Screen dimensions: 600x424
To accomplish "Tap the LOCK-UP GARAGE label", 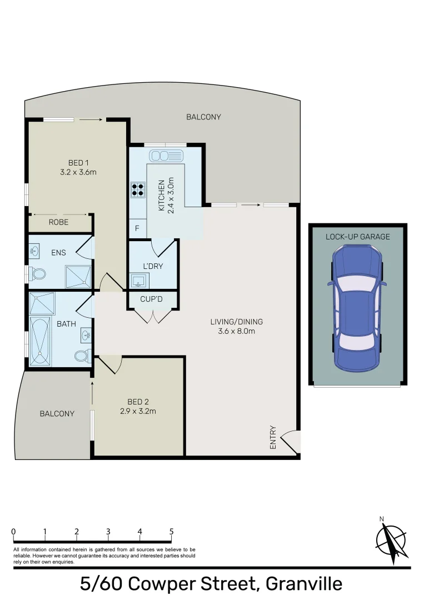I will tap(357, 237).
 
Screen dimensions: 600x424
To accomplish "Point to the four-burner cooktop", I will tap(137, 190).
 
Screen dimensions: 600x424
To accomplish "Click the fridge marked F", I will tap(137, 228).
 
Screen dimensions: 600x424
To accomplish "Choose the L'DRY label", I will tap(153, 266).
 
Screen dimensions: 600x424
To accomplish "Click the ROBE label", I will tap(59, 222).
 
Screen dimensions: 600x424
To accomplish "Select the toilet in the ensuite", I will tap(38, 274).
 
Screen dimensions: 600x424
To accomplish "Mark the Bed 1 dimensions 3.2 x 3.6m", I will tap(78, 172).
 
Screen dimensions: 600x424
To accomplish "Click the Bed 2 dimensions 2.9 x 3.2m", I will tap(138, 412).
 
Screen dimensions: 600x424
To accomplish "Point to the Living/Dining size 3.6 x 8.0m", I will tap(236, 332).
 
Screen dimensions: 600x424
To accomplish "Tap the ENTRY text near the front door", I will tap(273, 437).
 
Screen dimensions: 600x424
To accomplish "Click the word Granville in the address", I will tap(304, 584).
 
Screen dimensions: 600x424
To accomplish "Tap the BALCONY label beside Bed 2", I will tap(57, 414).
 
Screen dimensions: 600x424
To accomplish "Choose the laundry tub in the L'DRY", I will tap(137, 281).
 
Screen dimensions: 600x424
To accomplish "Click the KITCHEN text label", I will tap(162, 196).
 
